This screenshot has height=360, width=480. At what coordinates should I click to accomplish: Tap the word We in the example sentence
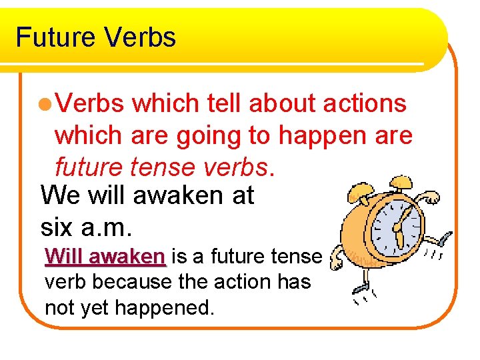pyautogui.click(x=60, y=196)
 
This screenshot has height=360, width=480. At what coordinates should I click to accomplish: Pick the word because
pyautogui.click(x=128, y=282)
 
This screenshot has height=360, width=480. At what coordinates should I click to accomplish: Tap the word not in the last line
pyautogui.click(x=59, y=307)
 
